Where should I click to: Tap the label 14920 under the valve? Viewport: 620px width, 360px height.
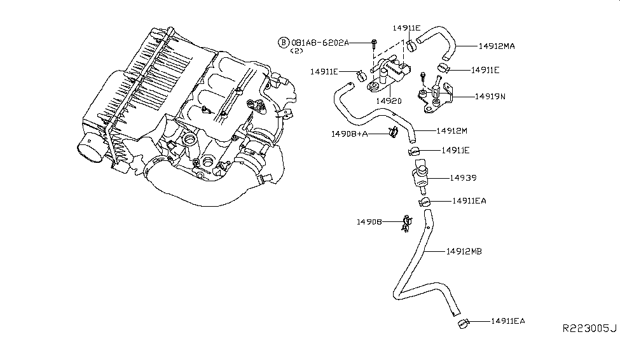click(x=388, y=101)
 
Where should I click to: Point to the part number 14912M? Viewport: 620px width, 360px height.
click(x=452, y=131)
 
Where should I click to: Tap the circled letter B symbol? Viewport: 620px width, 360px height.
click(x=283, y=43)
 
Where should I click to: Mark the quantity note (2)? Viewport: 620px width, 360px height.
click(x=297, y=52)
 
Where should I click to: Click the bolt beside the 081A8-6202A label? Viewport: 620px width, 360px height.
click(x=375, y=44)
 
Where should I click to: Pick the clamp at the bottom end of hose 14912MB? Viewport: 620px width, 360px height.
click(x=462, y=324)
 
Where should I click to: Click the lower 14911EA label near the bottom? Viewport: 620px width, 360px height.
click(x=508, y=321)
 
